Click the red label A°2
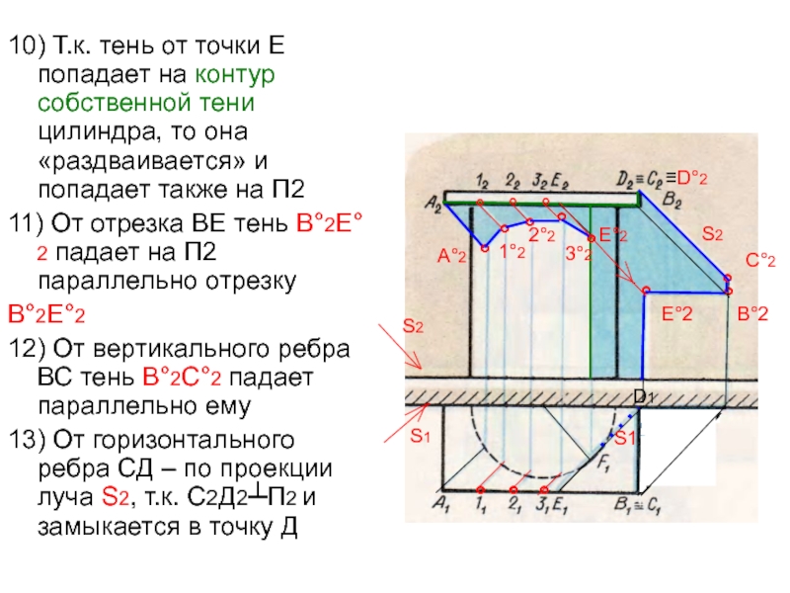451,257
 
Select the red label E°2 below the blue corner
676,313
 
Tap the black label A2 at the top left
433,204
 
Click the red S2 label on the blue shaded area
712,234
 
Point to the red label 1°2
511,252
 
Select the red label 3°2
578,254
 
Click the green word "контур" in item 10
235,74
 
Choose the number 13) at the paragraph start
26,438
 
